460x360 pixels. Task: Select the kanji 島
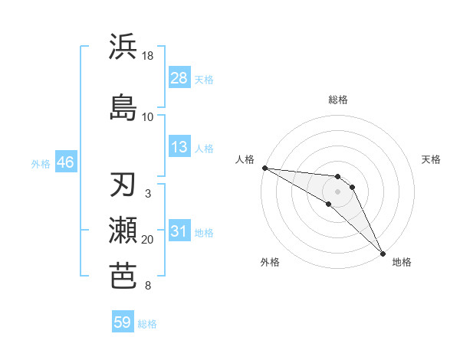(x=123, y=106)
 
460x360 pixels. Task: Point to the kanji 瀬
(x=123, y=231)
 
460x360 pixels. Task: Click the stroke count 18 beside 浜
(x=148, y=56)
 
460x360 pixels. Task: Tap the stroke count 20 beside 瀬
(x=148, y=240)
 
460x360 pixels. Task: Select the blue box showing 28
(x=179, y=79)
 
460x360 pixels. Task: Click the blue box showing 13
(x=179, y=147)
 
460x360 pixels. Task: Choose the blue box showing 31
(x=179, y=231)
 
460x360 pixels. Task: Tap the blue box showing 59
(x=123, y=322)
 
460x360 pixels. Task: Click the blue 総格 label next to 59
(x=148, y=324)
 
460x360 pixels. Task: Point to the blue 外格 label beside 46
(x=40, y=163)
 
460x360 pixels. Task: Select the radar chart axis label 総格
(x=338, y=100)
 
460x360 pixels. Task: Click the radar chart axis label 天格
(x=432, y=159)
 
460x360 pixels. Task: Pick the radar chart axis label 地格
(x=402, y=263)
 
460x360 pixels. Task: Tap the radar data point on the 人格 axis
(x=264, y=168)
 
